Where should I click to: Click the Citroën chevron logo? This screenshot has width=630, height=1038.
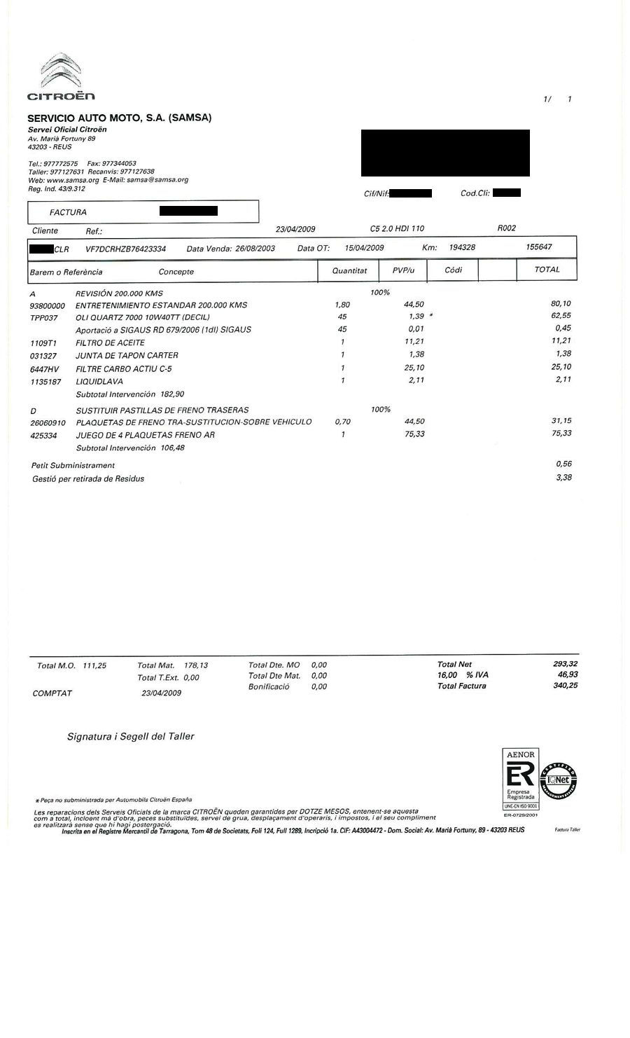62,70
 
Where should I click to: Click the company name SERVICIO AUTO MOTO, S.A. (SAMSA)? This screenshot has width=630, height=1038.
119,118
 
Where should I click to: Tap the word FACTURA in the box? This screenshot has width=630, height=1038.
69,212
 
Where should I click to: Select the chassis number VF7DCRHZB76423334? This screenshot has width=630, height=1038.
125,249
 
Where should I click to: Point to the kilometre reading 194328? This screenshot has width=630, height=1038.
462,248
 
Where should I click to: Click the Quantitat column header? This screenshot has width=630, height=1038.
349,270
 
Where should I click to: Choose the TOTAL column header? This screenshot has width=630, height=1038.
547,270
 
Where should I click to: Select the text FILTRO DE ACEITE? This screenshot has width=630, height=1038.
110,343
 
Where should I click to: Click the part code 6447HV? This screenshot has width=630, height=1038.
43,368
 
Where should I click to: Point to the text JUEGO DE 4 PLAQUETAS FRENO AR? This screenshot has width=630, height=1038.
145,435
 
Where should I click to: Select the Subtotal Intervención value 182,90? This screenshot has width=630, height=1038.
171,394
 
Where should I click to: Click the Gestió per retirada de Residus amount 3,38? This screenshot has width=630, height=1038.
563,478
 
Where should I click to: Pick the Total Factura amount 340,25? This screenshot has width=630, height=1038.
565,686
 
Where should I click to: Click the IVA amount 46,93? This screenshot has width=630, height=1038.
568,675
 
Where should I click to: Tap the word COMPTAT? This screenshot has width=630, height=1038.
52,693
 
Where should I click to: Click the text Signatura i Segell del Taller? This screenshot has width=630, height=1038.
130,737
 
